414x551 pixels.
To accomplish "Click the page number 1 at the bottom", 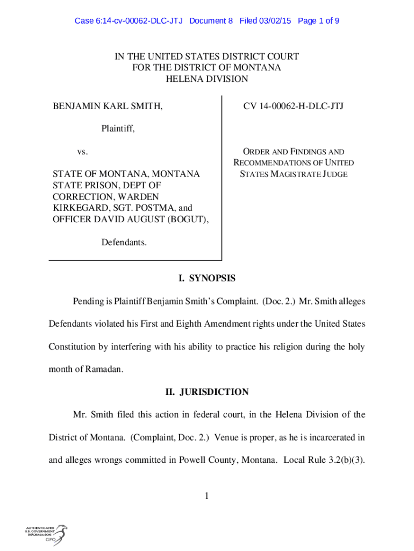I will pos(206,496).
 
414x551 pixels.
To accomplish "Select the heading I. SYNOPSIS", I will pos(207,279).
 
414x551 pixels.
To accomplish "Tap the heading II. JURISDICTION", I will pos(207,392).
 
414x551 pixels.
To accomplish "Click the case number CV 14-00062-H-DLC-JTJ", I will pos(293,107).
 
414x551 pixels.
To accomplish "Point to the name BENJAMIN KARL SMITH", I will pos(108,107).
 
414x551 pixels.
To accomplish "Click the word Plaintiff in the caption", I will pos(117,129).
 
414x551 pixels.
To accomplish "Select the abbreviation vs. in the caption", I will pos(82,152).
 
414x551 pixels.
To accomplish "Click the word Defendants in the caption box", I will pos(124,242).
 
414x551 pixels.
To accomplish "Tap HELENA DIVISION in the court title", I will pos(207,79).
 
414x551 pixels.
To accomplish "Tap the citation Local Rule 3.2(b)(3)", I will pos(324,460).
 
